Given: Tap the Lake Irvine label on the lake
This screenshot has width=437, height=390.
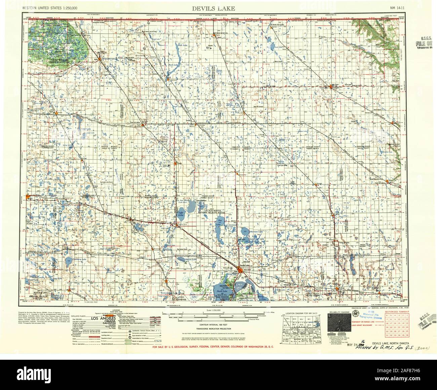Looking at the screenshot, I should click(182, 213).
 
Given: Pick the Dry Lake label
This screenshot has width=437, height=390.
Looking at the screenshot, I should click(220, 222).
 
